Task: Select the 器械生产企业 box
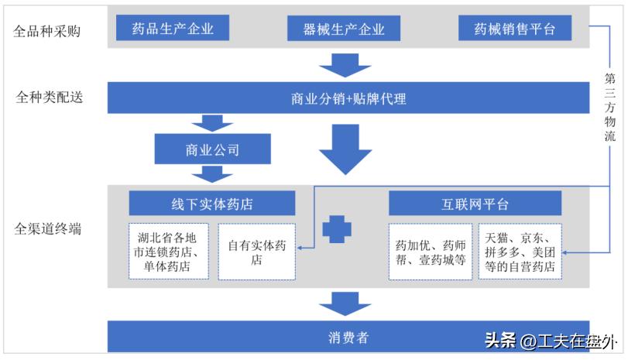coord(344,29)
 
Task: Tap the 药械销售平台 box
coord(515,29)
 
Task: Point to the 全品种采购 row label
coord(48,32)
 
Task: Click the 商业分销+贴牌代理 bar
coord(348,98)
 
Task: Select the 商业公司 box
coord(213,149)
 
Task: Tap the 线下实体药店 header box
coord(212,204)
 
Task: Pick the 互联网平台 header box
coord(475,204)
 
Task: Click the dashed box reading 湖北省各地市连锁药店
coord(169,252)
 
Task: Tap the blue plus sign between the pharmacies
coord(337,229)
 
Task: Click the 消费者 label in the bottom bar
coord(346,337)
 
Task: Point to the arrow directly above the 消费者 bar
coord(340,303)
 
